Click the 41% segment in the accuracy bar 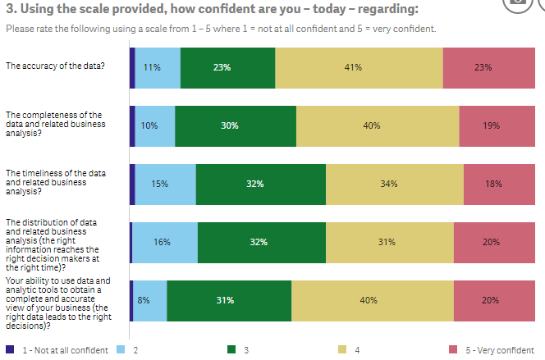point(359,68)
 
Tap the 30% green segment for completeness point(235,126)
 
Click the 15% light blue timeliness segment point(165,184)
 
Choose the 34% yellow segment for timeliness point(394,184)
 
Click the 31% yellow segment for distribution point(389,242)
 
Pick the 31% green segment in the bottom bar point(228,300)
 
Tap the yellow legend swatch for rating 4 point(342,350)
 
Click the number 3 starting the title point(9,9)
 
